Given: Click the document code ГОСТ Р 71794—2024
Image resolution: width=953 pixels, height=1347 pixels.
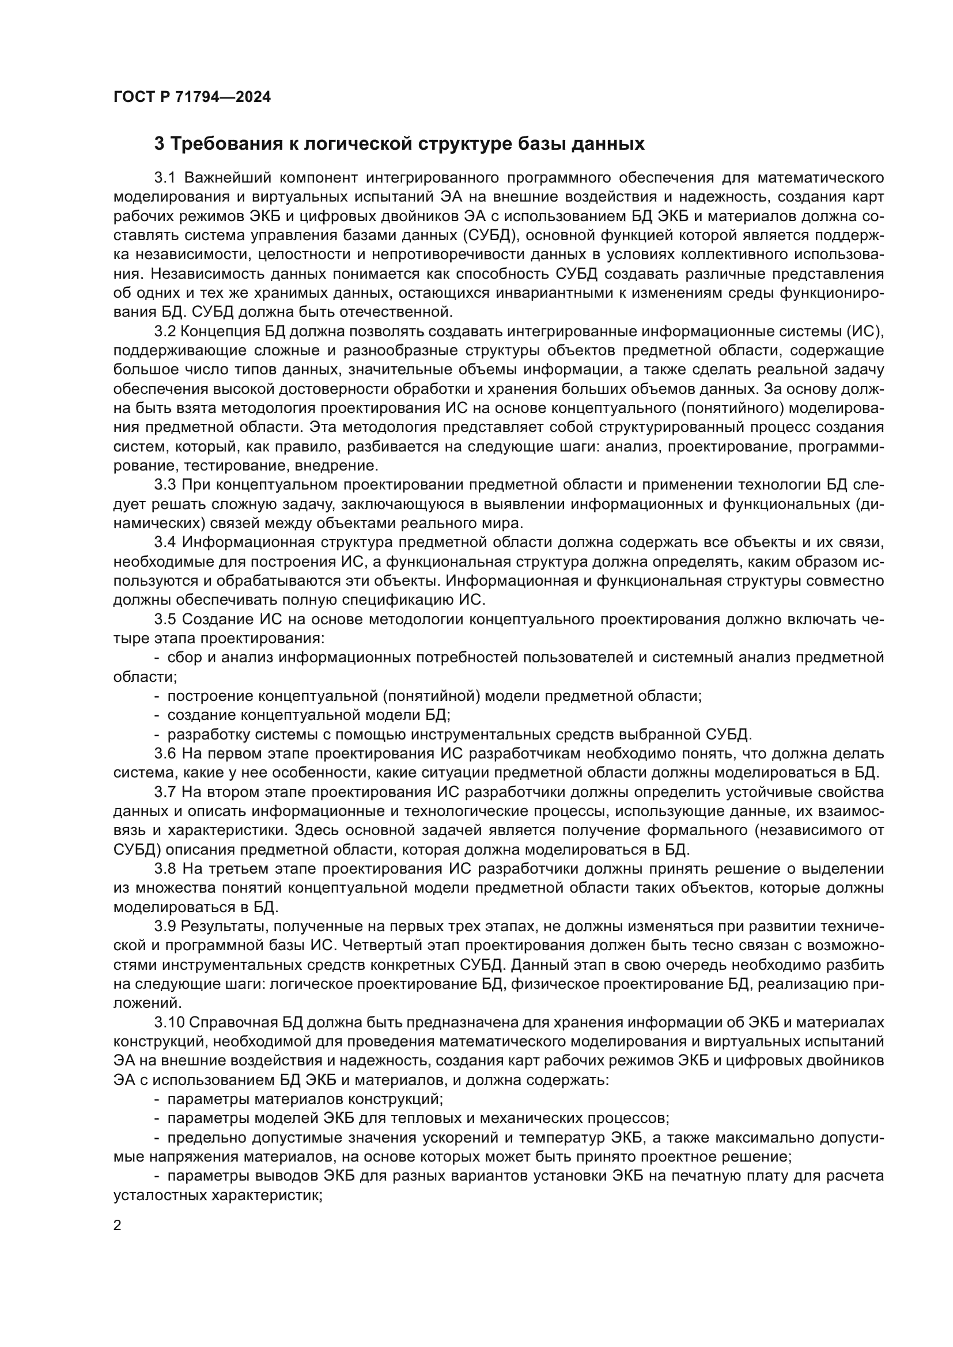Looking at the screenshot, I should tap(192, 97).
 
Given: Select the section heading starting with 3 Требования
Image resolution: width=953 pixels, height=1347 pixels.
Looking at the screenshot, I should tap(399, 144).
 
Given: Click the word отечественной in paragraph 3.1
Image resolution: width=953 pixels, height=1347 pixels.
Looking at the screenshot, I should tap(392, 311).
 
